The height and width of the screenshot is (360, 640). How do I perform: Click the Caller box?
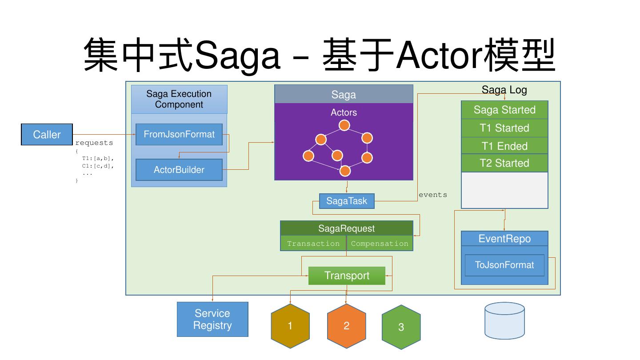pos(47,135)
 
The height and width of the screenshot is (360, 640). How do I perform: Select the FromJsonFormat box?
pos(179,134)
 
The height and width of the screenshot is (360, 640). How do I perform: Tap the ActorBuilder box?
pos(179,170)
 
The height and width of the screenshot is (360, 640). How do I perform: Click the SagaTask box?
pos(347,201)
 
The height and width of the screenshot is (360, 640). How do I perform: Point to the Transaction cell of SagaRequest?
pos(313,244)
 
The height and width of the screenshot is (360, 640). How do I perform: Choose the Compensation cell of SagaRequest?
pos(380,244)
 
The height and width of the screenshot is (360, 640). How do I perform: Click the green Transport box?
pos(347,276)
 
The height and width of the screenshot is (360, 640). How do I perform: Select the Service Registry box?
pos(212,320)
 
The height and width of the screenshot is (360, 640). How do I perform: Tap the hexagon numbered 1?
pos(290,326)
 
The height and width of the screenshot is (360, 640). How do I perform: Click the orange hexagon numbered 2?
pos(346,326)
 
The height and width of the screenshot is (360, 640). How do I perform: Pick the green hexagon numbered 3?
pos(401,327)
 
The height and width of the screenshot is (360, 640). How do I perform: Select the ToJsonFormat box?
pos(504,265)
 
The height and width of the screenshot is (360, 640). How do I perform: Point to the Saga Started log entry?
pos(504,110)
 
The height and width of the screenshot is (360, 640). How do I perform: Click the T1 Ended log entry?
pos(504,146)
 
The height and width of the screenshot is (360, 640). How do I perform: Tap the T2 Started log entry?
pos(504,163)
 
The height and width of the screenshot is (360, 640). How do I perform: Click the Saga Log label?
pos(504,90)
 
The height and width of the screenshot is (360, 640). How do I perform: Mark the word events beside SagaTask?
pos(433,195)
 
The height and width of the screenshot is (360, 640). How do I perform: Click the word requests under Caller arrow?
pos(94,143)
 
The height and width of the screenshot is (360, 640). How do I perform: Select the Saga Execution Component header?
pos(179,99)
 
